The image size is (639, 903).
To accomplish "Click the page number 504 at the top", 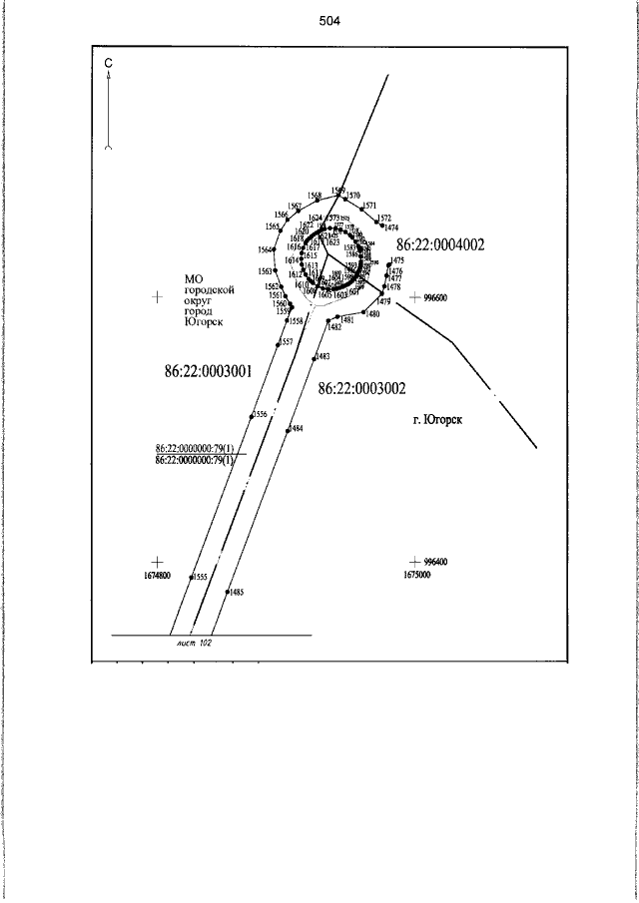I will pos(330,21).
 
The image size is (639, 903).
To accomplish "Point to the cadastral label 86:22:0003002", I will pos(361,388).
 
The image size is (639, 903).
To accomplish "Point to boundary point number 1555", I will pos(200,577).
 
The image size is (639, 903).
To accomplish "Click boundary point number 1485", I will pos(236,592).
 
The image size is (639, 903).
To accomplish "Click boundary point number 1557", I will pos(286,341).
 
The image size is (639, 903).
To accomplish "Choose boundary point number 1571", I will pos(370,206).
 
